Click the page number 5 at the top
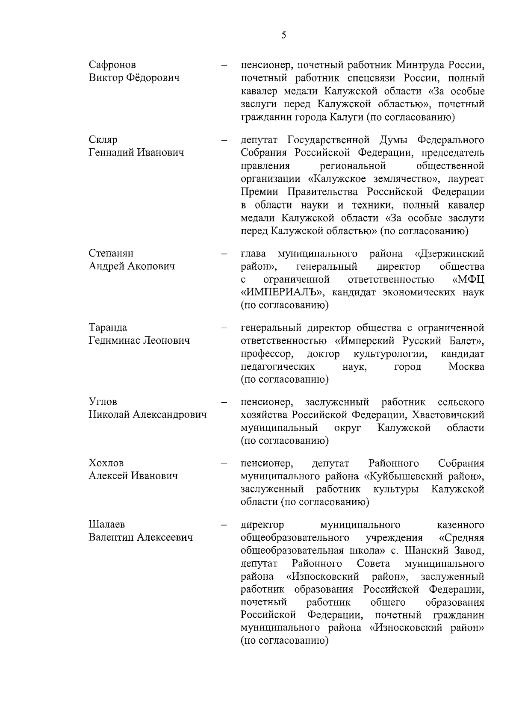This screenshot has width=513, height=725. pos(284,35)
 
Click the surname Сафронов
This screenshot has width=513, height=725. pos(112,65)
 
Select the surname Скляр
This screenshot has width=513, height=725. pos(103,140)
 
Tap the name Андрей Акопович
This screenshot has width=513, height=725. pos(132,267)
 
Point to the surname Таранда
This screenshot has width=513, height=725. pos(108,328)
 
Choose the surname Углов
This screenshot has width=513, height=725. pos(103,402)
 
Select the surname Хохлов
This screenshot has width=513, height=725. pos(106,463)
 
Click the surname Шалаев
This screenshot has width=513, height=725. pos(107,525)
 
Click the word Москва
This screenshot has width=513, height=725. pos(466,367)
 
